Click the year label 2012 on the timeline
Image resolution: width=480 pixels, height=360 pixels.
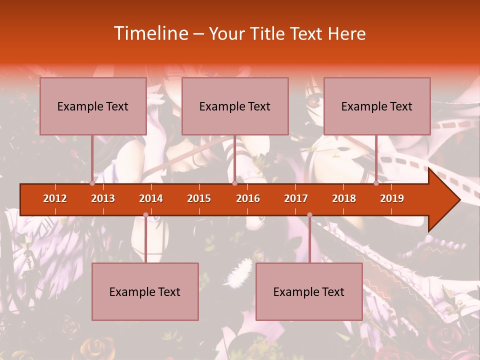click(55, 198)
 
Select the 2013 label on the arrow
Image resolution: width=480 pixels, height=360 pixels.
click(103, 198)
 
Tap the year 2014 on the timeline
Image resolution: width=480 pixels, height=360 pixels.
click(151, 198)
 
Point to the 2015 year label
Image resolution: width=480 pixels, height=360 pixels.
click(199, 198)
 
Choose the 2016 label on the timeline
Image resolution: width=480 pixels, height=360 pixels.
click(248, 198)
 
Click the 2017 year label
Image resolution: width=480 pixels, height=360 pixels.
click(296, 198)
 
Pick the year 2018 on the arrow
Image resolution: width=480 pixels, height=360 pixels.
click(344, 198)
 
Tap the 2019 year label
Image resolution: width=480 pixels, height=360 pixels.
click(392, 198)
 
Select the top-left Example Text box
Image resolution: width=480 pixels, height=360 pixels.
click(93, 106)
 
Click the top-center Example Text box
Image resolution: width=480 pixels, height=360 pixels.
click(235, 106)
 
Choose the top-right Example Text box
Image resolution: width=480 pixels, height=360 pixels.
click(377, 106)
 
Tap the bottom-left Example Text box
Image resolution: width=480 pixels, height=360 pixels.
click(145, 291)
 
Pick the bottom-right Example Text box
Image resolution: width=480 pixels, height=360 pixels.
click(309, 291)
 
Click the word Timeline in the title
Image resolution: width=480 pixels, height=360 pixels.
click(150, 33)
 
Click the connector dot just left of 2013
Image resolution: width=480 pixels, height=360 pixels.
click(92, 183)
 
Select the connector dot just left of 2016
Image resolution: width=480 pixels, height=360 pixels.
click(234, 183)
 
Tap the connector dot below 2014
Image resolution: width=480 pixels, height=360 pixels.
click(145, 215)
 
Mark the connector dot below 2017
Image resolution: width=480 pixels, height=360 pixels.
click(309, 215)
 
